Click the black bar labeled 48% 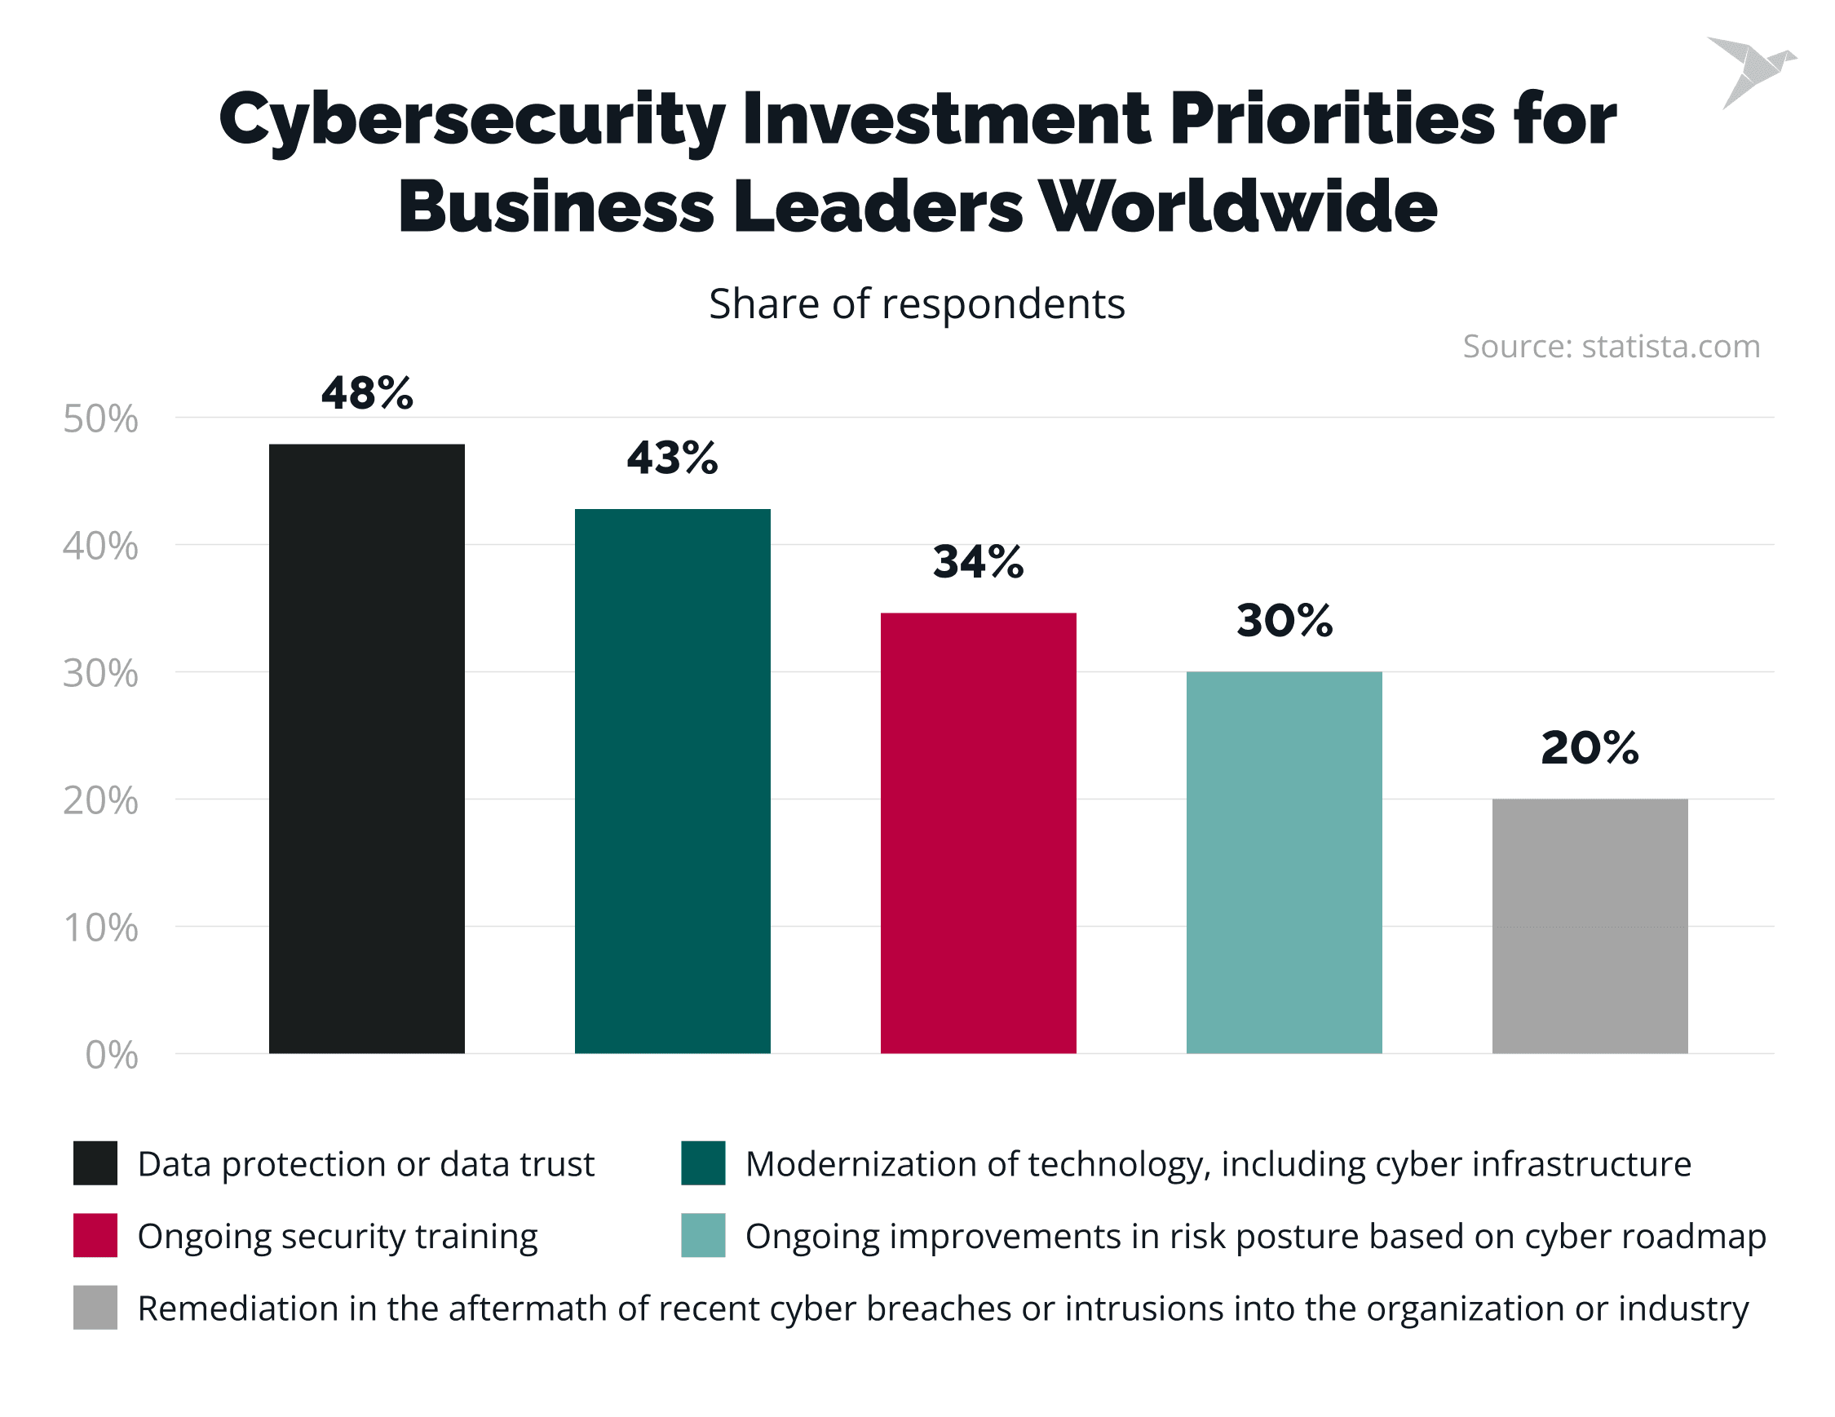point(366,748)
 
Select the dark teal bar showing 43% point(672,781)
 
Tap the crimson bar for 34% point(978,833)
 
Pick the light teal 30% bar point(1284,862)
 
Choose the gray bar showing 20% point(1590,925)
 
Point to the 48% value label point(367,392)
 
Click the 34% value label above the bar point(978,561)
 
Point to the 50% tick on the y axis point(100,418)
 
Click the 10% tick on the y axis point(100,928)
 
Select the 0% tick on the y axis point(111,1055)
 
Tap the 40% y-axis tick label point(100,547)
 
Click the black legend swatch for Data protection point(95,1163)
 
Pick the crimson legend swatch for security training point(95,1235)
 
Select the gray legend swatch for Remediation point(95,1308)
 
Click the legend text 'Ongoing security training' point(337,1236)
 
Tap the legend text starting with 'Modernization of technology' point(1218,1164)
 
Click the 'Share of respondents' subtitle point(917,303)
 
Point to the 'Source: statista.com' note point(1611,346)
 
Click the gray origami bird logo point(1751,71)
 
